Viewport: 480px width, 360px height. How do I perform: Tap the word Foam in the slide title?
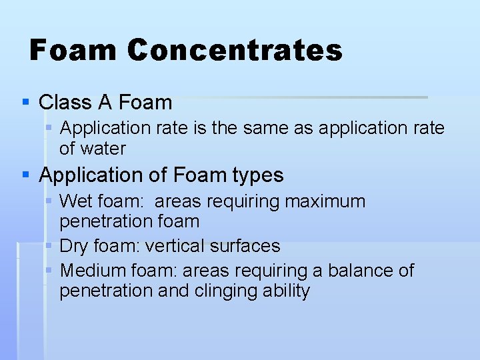coord(73,51)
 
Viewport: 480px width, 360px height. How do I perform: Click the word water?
coord(103,148)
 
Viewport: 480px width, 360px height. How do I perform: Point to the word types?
coord(257,175)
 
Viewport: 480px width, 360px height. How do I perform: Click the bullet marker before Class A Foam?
coord(25,103)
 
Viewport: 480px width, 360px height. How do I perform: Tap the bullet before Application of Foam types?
coord(25,175)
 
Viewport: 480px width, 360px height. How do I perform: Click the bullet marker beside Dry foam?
coord(49,246)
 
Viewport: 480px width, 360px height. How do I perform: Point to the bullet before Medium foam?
coord(49,271)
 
